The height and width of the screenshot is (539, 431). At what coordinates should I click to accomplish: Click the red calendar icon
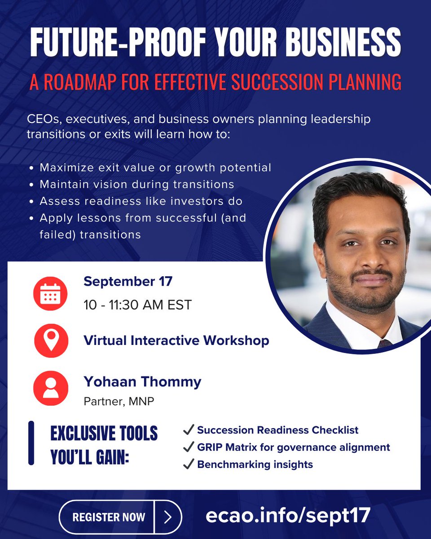(50, 294)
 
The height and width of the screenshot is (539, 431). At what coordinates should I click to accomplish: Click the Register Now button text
(109, 517)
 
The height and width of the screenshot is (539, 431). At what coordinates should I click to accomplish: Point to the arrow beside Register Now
(168, 517)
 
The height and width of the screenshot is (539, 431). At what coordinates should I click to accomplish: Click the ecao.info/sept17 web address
(288, 516)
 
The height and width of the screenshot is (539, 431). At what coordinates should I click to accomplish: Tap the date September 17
(128, 282)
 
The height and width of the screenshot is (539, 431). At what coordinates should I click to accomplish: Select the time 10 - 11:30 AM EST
(137, 305)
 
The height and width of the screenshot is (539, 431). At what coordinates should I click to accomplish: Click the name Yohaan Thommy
(142, 382)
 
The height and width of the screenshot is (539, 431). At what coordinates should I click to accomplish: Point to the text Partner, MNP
(119, 401)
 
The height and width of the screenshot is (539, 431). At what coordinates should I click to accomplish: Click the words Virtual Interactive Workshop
(176, 340)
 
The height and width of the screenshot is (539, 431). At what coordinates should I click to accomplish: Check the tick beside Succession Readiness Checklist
(188, 430)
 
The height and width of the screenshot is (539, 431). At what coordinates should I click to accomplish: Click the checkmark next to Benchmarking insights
(188, 464)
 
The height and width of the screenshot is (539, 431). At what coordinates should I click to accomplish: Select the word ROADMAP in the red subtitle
(87, 82)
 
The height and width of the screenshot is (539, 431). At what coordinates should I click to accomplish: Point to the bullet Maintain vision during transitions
(136, 184)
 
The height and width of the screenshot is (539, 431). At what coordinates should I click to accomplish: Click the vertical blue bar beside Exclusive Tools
(31, 442)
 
